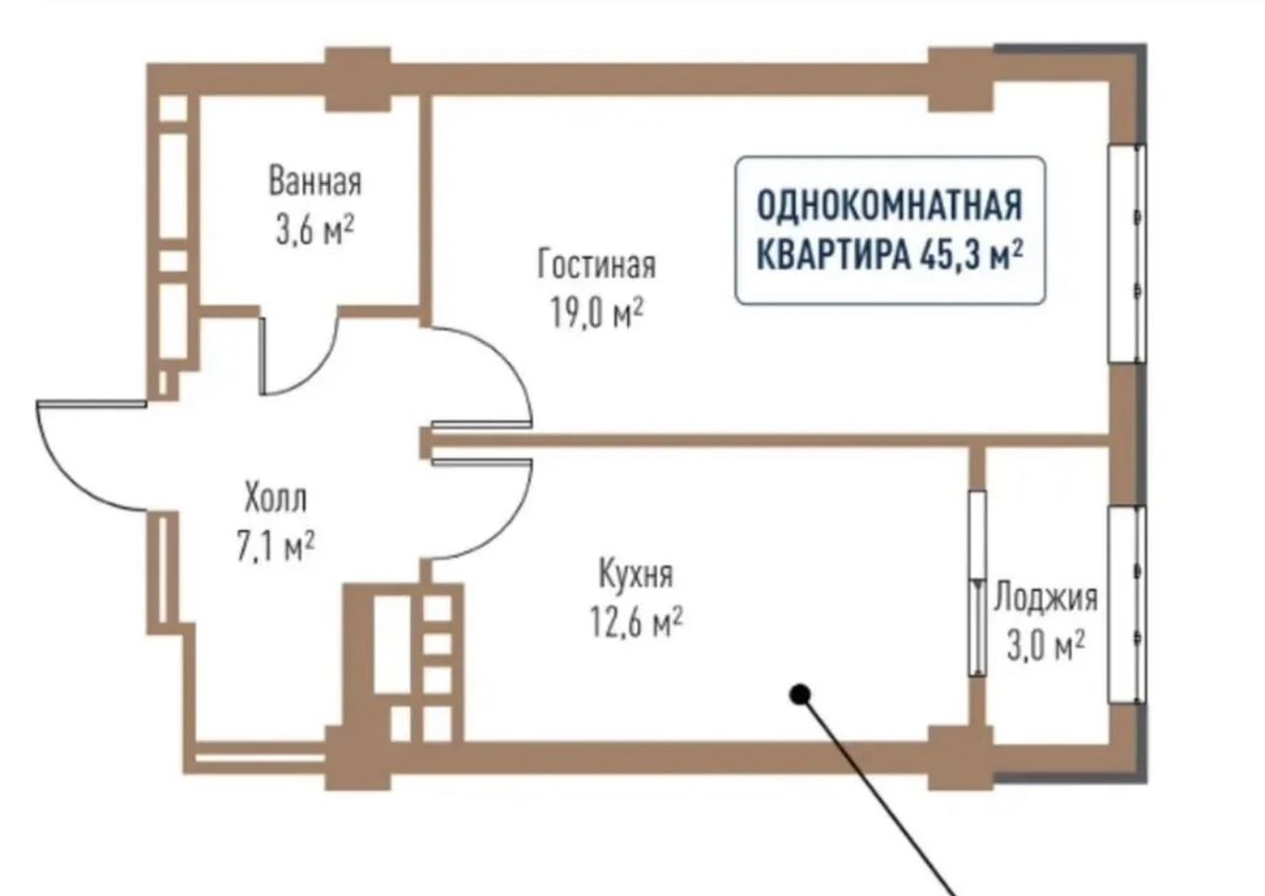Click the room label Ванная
point(314,183)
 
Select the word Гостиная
point(596,265)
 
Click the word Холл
point(274,497)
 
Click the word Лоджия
point(1045,596)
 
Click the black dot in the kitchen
point(801,695)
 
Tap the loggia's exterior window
point(1127,603)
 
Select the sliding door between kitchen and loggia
point(976,583)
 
